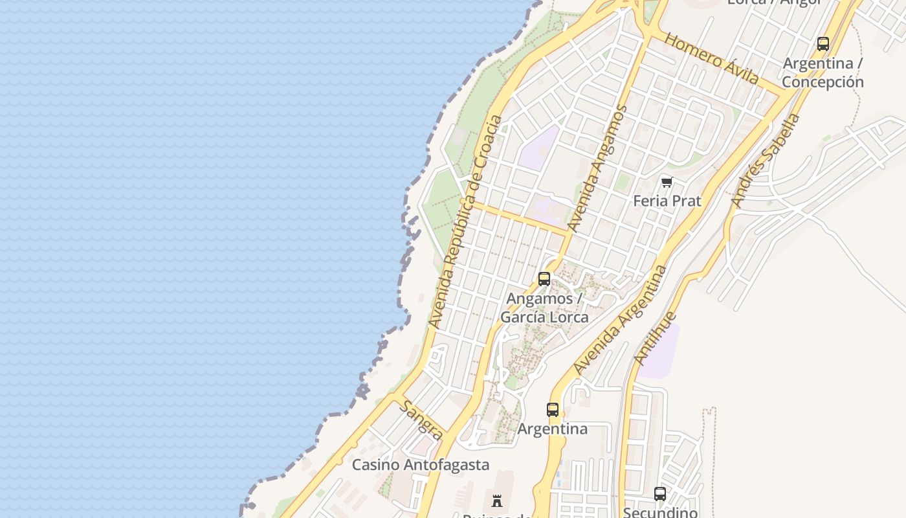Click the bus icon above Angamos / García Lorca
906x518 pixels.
click(544, 279)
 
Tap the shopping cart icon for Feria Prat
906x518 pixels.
click(667, 182)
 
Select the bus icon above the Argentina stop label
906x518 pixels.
click(552, 410)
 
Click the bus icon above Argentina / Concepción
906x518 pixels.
click(823, 44)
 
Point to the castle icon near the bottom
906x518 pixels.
click(497, 501)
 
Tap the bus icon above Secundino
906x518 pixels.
click(659, 493)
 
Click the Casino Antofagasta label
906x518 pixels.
click(421, 465)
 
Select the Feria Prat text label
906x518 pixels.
click(667, 201)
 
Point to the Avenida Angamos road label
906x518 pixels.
click(597, 168)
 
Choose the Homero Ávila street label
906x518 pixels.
click(711, 59)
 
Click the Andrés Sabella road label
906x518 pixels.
click(765, 161)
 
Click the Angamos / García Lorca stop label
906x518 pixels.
click(544, 308)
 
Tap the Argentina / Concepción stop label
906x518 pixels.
click(823, 73)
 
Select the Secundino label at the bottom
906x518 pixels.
click(660, 512)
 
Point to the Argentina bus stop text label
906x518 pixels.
click(552, 429)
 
